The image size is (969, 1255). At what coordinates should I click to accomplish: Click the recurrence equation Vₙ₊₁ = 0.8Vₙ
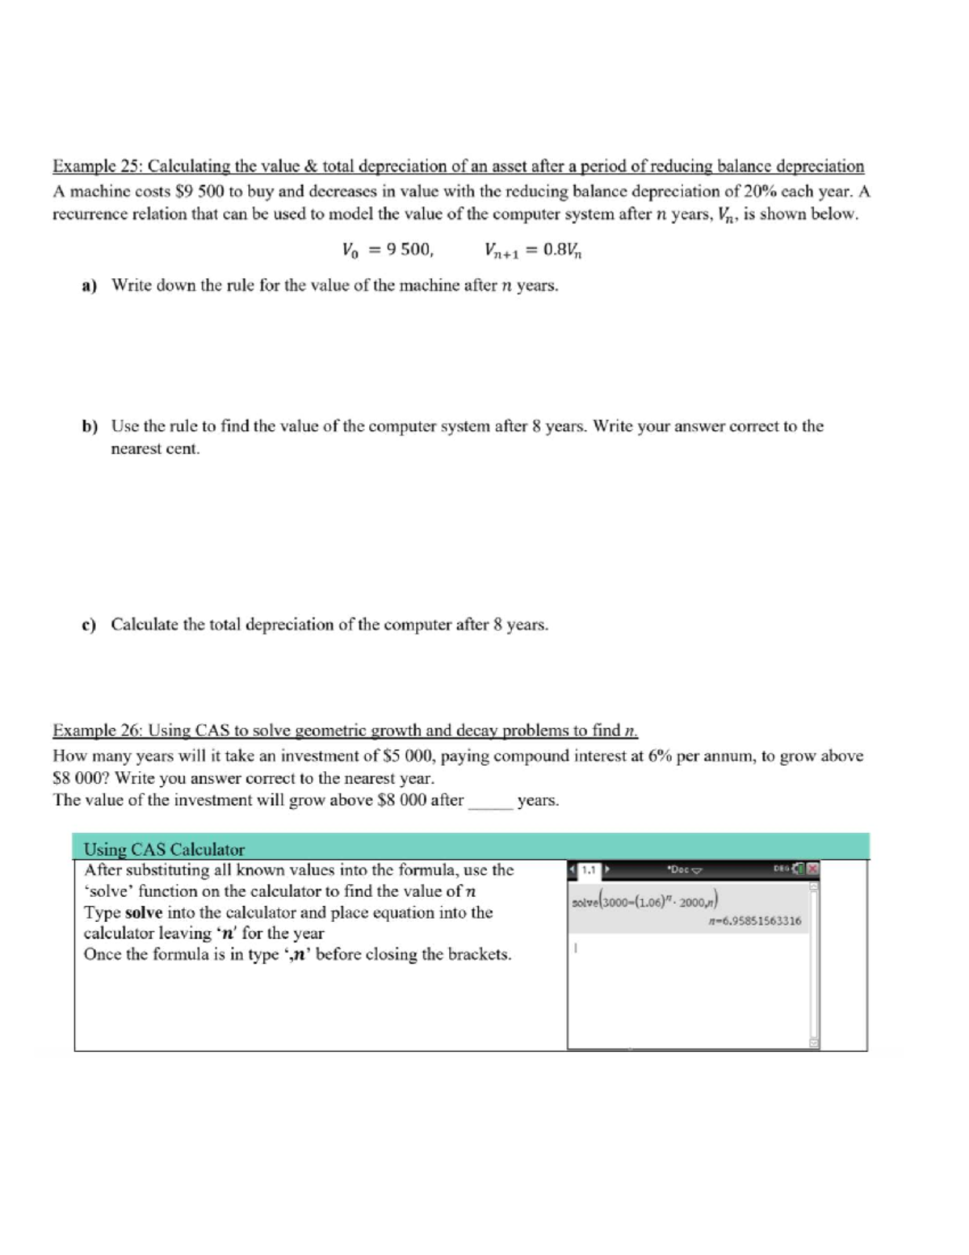coord(533,251)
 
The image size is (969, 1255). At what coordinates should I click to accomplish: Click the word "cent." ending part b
coord(182,449)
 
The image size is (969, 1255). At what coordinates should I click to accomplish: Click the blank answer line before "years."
coord(489,802)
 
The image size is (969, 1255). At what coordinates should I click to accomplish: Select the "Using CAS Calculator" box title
coord(164,849)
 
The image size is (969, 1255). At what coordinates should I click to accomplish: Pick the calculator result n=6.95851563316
coord(753,920)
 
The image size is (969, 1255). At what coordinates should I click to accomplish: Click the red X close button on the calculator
coord(813,870)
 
